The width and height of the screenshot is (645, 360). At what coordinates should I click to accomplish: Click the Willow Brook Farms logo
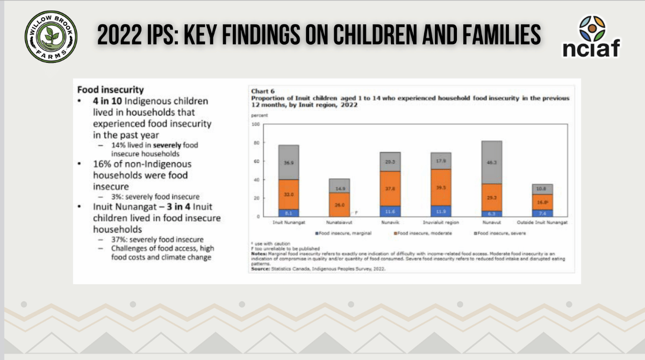[51, 37]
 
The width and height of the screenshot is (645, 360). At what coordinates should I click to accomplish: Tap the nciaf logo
[591, 37]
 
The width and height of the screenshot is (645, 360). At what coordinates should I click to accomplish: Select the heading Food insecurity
[110, 90]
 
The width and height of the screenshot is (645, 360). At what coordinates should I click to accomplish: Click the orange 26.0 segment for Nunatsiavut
[339, 205]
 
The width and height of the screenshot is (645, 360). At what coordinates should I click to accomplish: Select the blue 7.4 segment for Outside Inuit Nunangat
[542, 213]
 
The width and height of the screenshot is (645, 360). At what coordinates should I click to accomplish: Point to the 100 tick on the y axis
[256, 124]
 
